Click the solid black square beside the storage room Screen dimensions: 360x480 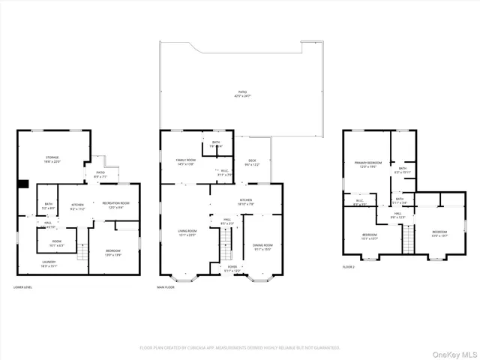coord(22,183)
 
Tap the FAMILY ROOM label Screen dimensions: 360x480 coord(185,162)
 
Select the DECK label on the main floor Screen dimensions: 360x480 coord(252,162)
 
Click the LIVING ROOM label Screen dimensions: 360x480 coord(187,232)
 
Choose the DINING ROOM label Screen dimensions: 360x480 coord(262,247)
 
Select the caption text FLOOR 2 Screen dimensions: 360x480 coord(349,267)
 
